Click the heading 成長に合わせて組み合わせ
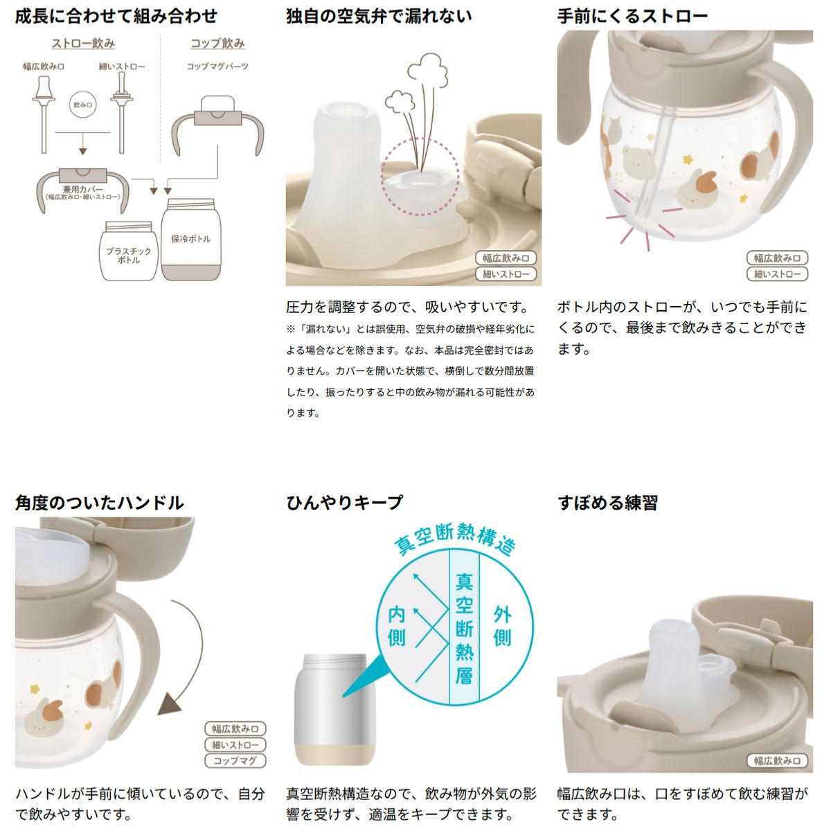point(116,17)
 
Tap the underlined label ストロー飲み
point(83,44)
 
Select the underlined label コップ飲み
point(217,44)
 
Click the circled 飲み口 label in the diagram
point(83,105)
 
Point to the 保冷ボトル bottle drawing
point(191,240)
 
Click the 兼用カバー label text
point(83,189)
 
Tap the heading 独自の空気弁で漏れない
point(379,17)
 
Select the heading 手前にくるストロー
point(633,17)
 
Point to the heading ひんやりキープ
point(344,502)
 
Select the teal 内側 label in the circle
point(396,625)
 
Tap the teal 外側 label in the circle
point(502,625)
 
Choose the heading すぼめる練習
point(607,502)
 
